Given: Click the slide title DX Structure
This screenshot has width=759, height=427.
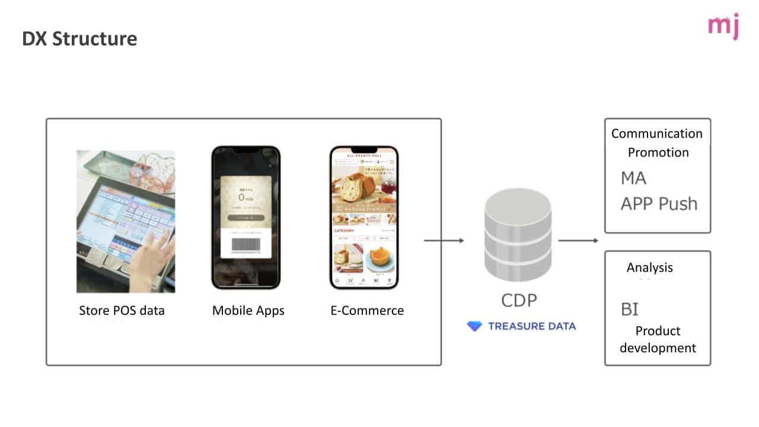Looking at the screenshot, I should [x=79, y=39].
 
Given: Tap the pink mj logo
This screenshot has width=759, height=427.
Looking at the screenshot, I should [x=723, y=26].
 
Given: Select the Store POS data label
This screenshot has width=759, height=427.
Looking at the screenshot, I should [x=122, y=310].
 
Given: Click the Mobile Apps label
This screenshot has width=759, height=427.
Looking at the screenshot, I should [x=248, y=310].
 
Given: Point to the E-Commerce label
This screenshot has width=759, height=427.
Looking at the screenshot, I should [x=367, y=310].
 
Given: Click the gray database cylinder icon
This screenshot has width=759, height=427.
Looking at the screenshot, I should [x=518, y=235].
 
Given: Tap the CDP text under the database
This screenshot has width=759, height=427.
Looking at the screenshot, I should [x=518, y=301].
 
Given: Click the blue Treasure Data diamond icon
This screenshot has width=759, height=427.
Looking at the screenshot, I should [x=474, y=326].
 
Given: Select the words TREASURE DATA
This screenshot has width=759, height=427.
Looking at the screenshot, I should [x=531, y=326].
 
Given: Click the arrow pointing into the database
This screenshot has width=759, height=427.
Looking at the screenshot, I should [x=444, y=240].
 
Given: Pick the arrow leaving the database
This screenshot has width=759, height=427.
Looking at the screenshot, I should [x=578, y=240].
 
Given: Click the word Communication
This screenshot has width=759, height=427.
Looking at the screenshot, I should [x=657, y=133].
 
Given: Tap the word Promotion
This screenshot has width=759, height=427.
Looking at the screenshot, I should [x=658, y=152].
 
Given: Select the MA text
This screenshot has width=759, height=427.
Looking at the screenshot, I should [x=633, y=178].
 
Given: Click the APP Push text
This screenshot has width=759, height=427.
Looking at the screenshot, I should [x=659, y=203].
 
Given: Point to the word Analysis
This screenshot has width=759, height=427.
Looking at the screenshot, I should [x=649, y=267].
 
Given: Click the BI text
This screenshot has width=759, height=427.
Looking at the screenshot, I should [x=629, y=309].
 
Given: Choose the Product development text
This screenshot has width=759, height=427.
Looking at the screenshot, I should [x=658, y=339].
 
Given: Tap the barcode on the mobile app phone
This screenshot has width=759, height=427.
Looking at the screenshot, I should [x=245, y=246].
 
